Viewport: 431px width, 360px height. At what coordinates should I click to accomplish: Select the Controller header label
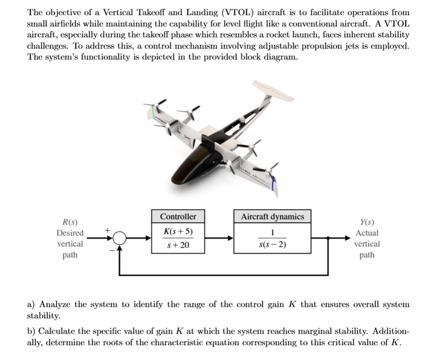click(178, 216)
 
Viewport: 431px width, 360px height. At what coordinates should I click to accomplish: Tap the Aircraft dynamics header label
click(272, 216)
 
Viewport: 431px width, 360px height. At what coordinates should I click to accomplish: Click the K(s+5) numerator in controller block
click(178, 232)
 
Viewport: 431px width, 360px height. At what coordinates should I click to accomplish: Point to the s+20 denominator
click(178, 245)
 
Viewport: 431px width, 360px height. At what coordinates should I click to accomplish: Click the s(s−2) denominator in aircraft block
click(272, 245)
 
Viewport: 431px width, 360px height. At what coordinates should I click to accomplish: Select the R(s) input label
click(70, 222)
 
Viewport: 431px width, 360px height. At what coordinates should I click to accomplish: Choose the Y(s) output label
click(367, 222)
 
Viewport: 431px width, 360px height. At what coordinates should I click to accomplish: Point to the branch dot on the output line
click(328, 238)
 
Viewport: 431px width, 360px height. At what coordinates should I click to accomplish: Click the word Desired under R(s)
click(70, 233)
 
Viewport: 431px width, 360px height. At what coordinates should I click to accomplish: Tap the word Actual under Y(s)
click(367, 233)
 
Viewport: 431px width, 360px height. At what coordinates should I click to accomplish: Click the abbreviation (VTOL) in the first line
click(238, 13)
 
